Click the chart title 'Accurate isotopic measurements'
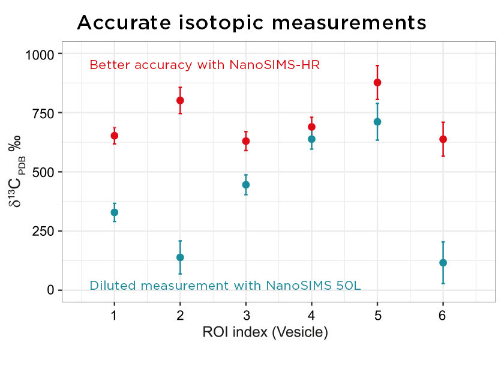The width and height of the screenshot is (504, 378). (251, 23)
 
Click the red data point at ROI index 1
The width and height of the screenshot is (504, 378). (114, 136)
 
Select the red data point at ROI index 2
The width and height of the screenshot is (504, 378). (180, 100)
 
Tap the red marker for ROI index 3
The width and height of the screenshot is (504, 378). (245, 141)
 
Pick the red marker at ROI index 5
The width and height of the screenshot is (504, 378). (377, 82)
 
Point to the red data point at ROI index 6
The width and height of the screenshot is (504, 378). (443, 139)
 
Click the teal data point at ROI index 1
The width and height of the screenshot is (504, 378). (114, 212)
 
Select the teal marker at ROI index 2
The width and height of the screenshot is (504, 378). (180, 257)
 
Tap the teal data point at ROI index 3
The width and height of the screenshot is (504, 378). (245, 185)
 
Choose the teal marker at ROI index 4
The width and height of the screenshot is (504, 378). (311, 139)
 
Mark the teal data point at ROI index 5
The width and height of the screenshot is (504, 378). (377, 122)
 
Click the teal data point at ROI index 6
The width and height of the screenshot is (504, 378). (443, 263)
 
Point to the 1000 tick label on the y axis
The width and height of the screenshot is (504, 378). (39, 55)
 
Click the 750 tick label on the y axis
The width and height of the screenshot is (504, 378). (43, 113)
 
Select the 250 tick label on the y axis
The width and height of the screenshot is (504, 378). (43, 232)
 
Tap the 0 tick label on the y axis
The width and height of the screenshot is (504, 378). (50, 290)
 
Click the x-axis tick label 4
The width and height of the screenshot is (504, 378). (311, 316)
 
